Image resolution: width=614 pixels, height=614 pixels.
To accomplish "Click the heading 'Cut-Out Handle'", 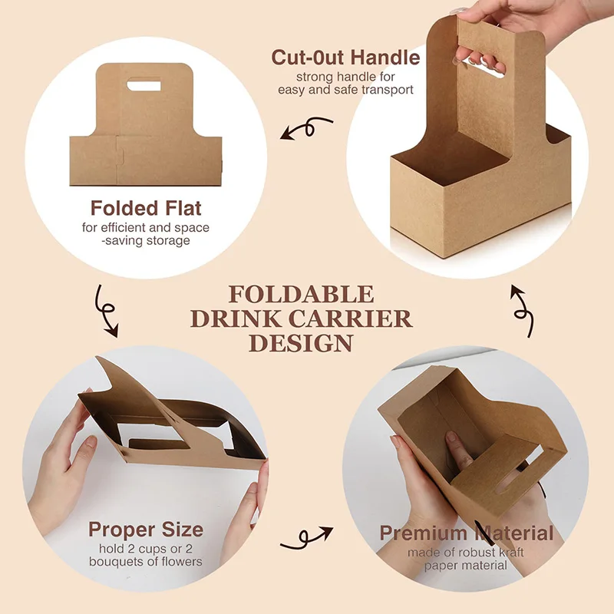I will [345, 58].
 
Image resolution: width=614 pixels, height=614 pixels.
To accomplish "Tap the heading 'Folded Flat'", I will [146, 208].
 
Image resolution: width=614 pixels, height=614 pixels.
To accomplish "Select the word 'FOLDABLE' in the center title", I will [302, 295].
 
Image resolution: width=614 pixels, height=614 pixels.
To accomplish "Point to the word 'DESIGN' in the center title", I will [302, 342].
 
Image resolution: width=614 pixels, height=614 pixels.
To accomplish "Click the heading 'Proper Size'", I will [146, 530].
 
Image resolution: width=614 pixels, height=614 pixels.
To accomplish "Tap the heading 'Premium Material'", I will [467, 533].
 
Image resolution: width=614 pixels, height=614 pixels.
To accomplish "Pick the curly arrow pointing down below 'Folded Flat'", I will [106, 311].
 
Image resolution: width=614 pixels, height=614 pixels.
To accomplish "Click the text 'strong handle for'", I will [345, 76].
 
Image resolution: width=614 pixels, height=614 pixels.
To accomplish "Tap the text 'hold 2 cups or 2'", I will [146, 549].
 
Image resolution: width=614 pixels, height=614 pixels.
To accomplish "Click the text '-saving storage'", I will [146, 241].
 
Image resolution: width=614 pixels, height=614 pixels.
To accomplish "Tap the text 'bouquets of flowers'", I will [146, 562].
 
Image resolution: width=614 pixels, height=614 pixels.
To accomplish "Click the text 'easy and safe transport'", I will [345, 89].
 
